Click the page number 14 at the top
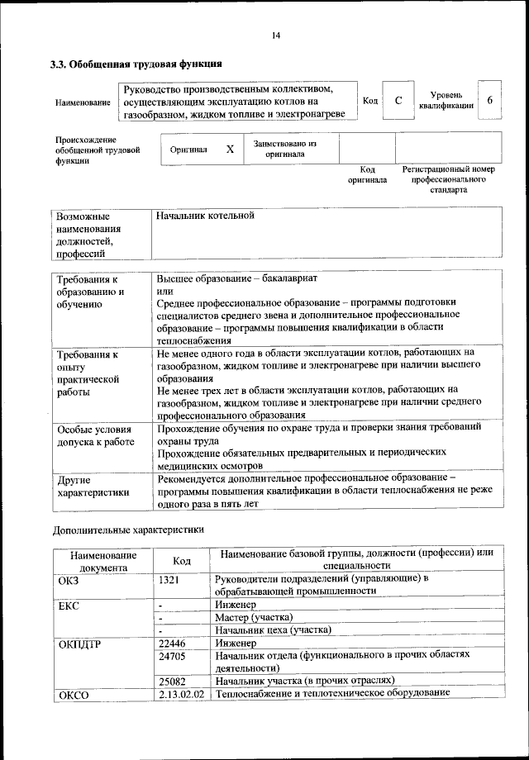[276, 35]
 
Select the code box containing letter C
[398, 101]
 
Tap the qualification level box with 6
[490, 100]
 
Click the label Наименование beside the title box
[83, 102]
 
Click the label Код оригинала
[367, 174]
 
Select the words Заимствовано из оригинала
[285, 149]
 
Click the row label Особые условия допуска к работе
[93, 436]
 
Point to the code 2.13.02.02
[182, 694]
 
